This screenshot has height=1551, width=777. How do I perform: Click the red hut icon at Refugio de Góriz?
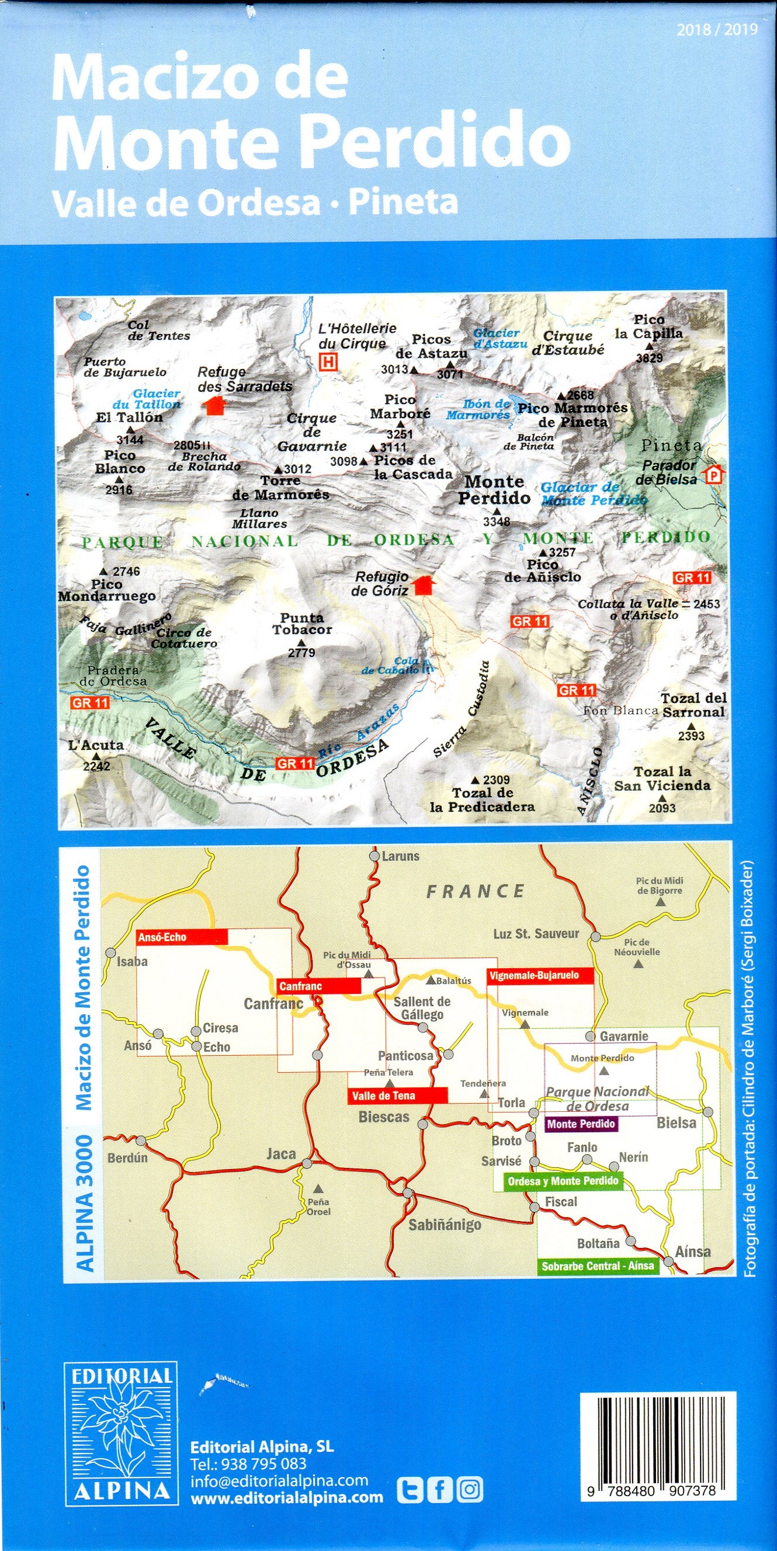(424, 585)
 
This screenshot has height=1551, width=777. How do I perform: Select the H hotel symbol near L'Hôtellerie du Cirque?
(328, 362)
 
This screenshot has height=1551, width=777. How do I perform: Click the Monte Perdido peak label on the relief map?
(494, 489)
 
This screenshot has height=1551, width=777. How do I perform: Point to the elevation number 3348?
(497, 521)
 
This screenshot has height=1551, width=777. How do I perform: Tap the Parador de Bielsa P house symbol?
(714, 475)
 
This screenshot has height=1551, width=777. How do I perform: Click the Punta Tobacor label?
(302, 624)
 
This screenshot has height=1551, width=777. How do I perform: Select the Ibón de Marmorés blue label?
(478, 409)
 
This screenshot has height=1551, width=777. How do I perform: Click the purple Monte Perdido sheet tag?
(581, 1124)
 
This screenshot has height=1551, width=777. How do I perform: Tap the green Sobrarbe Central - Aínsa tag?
(598, 1266)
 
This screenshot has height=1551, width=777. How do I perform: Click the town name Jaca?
(281, 1154)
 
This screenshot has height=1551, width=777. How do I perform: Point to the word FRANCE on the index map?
(475, 891)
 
